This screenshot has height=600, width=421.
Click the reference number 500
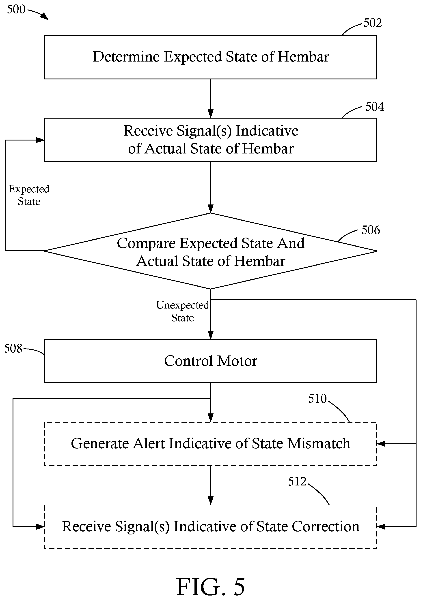pyautogui.click(x=16, y=9)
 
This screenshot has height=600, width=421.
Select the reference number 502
pyautogui.click(x=373, y=23)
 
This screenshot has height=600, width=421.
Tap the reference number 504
pyautogui.click(x=375, y=107)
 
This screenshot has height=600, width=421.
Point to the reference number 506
pyautogui.click(x=371, y=230)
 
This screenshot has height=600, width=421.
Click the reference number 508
pyautogui.click(x=13, y=348)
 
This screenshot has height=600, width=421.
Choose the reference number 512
pyautogui.click(x=297, y=481)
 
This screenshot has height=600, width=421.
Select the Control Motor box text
pyautogui.click(x=211, y=361)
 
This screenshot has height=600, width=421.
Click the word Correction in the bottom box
pyautogui.click(x=326, y=526)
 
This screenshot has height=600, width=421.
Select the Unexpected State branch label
pyautogui.click(x=183, y=311)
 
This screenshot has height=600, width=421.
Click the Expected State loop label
pyautogui.click(x=29, y=195)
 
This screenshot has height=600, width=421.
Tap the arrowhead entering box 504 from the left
pyautogui.click(x=40, y=140)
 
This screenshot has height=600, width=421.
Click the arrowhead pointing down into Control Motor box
pyautogui.click(x=211, y=335)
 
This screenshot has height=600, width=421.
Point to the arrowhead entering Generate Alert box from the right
pyautogui.click(x=381, y=444)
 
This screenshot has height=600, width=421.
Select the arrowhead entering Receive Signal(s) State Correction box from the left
pyautogui.click(x=40, y=527)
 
